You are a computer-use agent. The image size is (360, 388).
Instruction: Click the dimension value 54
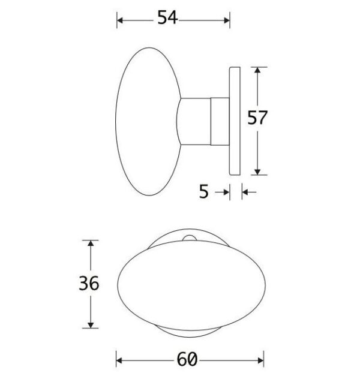pos(167,17)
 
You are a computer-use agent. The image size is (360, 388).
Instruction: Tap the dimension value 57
pos(257,118)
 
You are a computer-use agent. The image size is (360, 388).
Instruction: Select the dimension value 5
pos(204,191)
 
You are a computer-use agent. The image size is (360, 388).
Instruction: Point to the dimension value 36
pos(89,283)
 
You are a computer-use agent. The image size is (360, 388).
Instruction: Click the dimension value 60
pos(187,360)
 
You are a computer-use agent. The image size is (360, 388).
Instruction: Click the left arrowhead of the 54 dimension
pos(120,20)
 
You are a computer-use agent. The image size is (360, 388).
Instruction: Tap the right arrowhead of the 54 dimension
pos(227,20)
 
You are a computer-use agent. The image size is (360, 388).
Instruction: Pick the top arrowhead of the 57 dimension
pos(257,70)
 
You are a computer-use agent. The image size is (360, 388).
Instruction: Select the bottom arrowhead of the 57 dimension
pos(257,172)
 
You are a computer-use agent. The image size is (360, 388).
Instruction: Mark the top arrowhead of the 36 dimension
pos(91,243)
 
